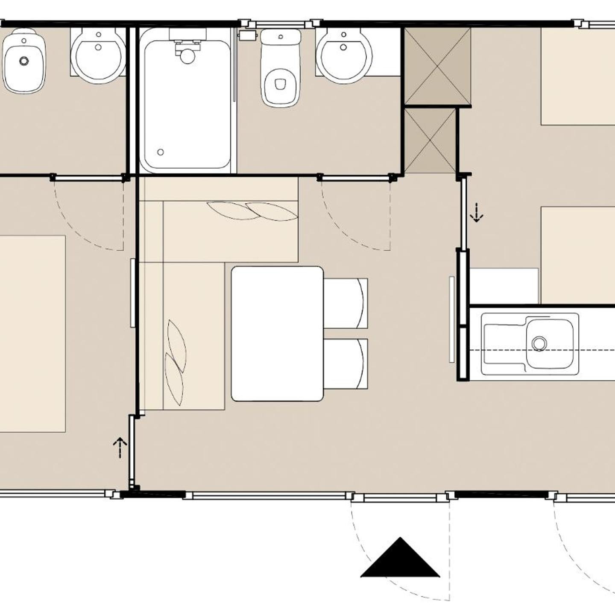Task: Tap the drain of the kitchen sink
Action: [539, 343]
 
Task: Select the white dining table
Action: [277, 334]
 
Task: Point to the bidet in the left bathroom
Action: [24, 61]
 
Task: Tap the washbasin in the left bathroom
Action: [99, 56]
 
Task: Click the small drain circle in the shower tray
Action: [161, 152]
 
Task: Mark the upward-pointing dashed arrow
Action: [120, 447]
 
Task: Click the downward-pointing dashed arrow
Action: [476, 213]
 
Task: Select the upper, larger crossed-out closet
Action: [437, 66]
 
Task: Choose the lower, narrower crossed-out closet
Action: [430, 141]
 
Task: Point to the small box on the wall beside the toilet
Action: [247, 35]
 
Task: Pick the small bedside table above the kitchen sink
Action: [504, 286]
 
